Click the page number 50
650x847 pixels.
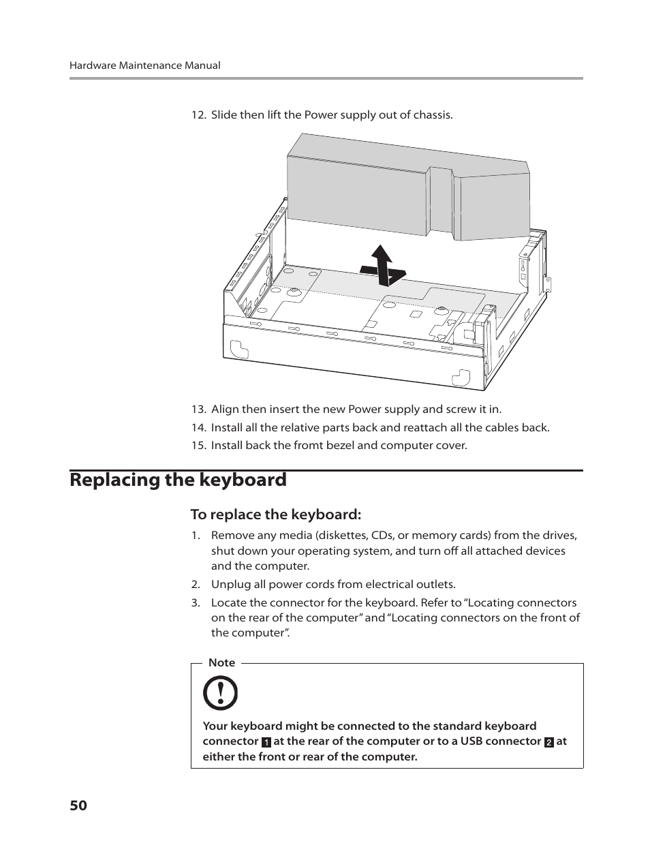point(78,805)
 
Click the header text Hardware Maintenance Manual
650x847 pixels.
point(144,65)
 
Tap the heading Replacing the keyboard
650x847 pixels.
point(178,480)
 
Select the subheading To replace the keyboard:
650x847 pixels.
point(275,514)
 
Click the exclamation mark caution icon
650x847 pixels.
point(221,694)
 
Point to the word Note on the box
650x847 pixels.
point(221,662)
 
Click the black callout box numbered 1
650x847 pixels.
point(266,742)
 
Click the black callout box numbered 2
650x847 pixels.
point(548,742)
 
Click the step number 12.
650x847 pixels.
point(198,114)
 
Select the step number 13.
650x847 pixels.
point(198,409)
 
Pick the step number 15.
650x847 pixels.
point(198,445)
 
